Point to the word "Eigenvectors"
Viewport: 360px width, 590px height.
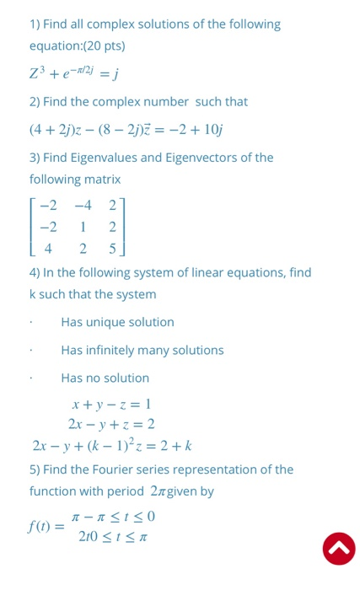click(214, 158)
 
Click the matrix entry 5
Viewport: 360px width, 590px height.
click(112, 249)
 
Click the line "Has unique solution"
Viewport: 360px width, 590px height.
click(117, 322)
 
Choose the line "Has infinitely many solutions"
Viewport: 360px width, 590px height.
click(142, 350)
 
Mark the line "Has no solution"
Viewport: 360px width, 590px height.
click(105, 378)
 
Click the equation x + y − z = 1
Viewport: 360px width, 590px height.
click(110, 404)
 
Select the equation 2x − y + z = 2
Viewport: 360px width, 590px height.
click(111, 424)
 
